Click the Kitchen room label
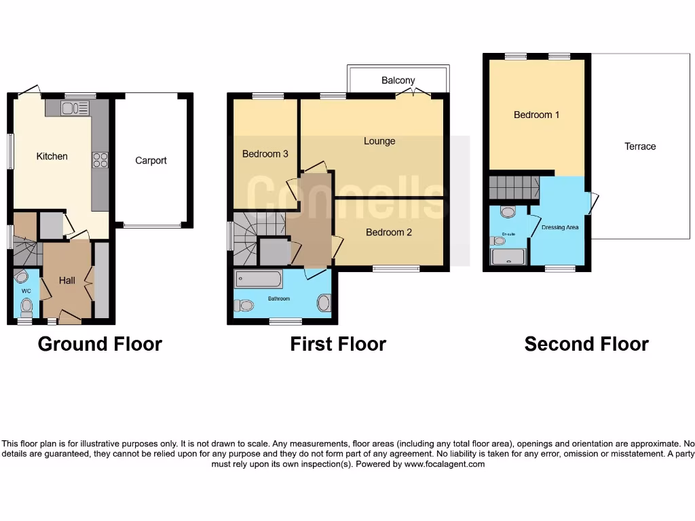[x=52, y=156]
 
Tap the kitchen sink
[x=75, y=108]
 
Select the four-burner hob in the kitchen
[x=100, y=159]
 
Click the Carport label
[x=151, y=161]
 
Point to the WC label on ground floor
[x=26, y=291]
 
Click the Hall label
[x=67, y=280]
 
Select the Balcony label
[x=398, y=80]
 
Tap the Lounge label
[x=379, y=141]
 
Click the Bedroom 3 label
[x=265, y=154]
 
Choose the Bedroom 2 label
[x=389, y=232]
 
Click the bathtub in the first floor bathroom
[x=258, y=279]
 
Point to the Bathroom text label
[x=278, y=298]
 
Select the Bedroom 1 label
[x=536, y=115]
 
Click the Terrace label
[x=640, y=146]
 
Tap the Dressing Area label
[x=560, y=227]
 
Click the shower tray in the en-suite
[x=508, y=256]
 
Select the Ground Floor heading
[x=100, y=344]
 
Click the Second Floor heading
[x=586, y=344]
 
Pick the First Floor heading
[x=338, y=344]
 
